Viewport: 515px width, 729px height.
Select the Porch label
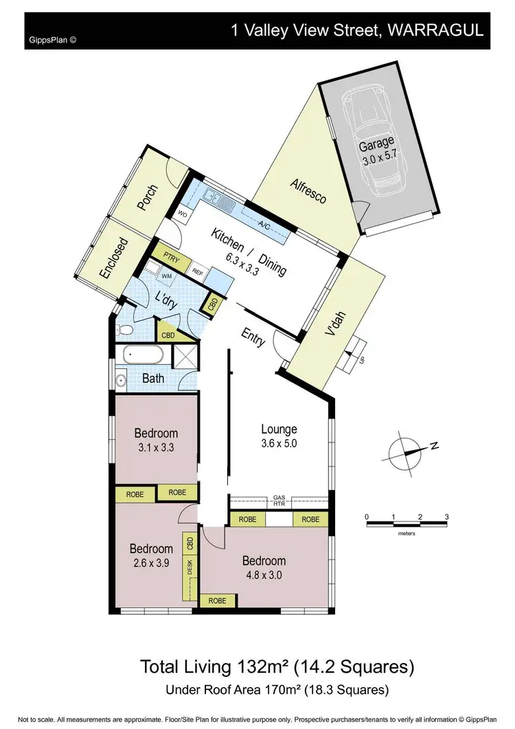[x=149, y=199]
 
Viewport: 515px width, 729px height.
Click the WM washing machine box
[x=165, y=276]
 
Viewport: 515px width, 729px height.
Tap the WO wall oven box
[x=183, y=214]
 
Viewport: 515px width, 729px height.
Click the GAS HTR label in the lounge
[x=279, y=501]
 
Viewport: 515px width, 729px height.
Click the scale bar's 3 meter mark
[x=446, y=517]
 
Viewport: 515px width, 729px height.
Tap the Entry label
[x=253, y=337]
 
